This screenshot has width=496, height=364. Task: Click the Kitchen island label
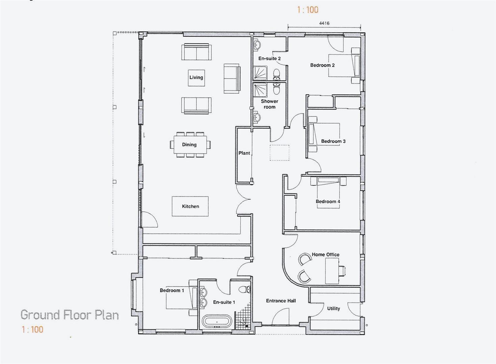190,206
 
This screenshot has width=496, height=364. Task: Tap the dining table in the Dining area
189,145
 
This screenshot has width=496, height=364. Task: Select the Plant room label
244,153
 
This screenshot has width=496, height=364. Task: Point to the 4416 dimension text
324,23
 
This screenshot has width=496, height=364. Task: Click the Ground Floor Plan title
70,315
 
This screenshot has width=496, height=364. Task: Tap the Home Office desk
332,271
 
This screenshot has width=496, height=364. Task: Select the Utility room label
333,308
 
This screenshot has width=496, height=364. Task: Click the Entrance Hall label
281,301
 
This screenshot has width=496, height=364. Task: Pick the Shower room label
269,104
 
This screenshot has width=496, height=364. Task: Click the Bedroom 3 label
333,141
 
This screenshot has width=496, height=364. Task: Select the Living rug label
196,78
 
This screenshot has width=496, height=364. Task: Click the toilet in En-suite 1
244,289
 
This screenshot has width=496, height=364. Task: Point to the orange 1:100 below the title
32,329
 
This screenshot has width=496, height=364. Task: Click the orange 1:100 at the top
308,10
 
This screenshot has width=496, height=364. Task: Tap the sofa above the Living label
197,52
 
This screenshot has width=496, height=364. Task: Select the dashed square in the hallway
279,153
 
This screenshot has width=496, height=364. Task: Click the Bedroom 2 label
322,65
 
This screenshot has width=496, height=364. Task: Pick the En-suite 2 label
269,58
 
